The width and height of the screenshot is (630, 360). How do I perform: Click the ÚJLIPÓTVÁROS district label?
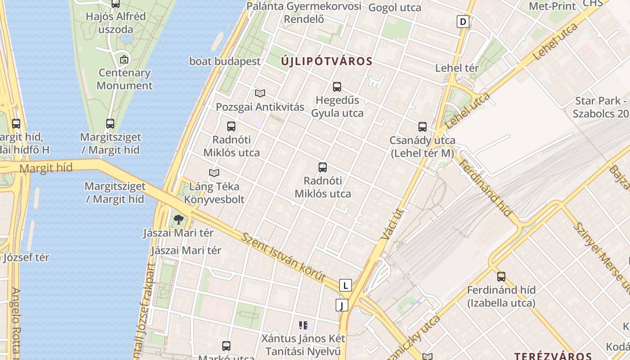[x=327, y=61]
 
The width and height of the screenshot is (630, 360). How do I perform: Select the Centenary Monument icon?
[x=124, y=59]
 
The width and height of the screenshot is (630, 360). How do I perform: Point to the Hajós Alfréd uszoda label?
[x=116, y=23]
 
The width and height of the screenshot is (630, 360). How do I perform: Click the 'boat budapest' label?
[x=225, y=61]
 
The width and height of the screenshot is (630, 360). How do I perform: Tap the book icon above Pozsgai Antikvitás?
[x=260, y=93]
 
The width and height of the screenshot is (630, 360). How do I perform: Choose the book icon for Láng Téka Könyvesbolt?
[x=214, y=173]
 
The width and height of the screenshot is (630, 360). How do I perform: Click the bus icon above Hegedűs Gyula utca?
[x=337, y=87]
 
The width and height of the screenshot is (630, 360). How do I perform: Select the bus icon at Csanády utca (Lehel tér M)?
[x=422, y=127]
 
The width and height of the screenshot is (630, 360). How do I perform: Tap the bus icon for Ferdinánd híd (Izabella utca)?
[x=501, y=277]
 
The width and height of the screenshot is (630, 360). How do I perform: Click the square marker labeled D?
[x=463, y=21]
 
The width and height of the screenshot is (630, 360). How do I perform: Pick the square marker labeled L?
[x=345, y=285]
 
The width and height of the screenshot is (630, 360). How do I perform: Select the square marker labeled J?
[x=342, y=306]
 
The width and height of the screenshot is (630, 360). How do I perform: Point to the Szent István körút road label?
[x=283, y=257]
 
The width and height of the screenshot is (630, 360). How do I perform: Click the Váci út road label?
[x=390, y=224]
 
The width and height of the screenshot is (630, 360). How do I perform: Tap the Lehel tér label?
[x=457, y=68]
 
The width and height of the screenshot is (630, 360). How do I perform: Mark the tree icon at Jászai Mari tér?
[x=179, y=220]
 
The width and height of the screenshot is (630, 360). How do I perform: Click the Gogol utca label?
[x=395, y=7]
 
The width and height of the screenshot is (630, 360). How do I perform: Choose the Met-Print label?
[x=552, y=6]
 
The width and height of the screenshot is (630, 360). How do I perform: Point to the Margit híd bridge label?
[x=46, y=168]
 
